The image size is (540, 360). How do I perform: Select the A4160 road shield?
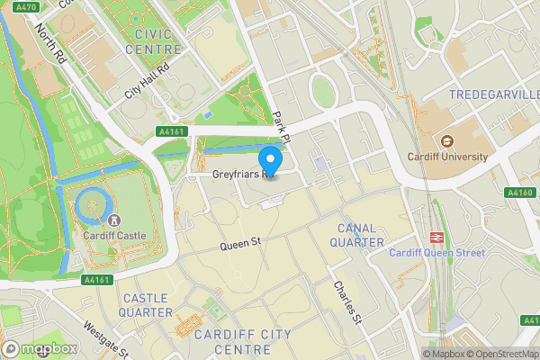coord(520,191)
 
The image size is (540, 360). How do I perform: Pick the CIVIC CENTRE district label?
coord(159,40)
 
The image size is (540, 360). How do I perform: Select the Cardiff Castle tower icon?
coord(113,220)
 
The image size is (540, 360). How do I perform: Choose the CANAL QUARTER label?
coord(357,235)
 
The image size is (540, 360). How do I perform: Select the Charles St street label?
coord(346,302)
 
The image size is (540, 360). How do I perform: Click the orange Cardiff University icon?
coord(445,140)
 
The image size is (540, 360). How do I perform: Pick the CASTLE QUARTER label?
coord(148,304)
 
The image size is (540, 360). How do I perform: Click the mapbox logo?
coord(39,348)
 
